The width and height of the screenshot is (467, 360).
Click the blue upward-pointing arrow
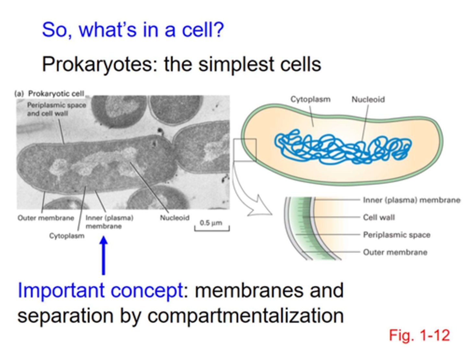pos(103,256)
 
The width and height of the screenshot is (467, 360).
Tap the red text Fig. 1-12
pos(419,335)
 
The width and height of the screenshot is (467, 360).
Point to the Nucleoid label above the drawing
pos(368,99)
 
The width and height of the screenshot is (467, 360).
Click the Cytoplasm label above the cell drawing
pos(310,99)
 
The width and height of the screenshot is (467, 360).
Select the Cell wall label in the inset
pos(379,217)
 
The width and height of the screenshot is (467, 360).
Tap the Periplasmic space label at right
pos(396,235)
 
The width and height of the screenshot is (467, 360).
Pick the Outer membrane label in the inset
pos(395,252)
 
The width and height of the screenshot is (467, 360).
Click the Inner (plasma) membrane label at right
pos(411,200)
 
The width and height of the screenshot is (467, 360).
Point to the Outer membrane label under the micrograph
pos(46,218)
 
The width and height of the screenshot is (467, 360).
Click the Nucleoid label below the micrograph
pos(174,218)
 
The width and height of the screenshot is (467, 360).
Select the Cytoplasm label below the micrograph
pos(66,236)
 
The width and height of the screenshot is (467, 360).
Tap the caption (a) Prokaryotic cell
pos(49,94)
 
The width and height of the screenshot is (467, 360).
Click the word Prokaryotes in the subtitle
pos(97,64)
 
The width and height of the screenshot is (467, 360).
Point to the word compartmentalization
pos(245,315)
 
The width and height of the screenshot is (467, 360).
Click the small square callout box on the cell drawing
pos(245,150)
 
